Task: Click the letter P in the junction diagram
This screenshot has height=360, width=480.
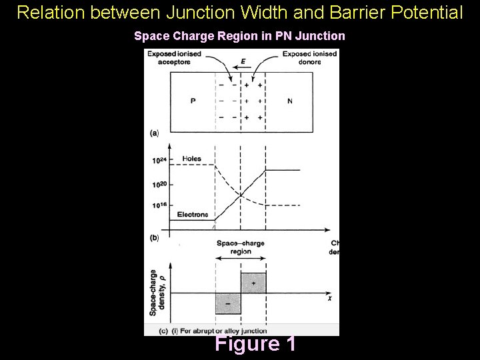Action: pyautogui.click(x=193, y=101)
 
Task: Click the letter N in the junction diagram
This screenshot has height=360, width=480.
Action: pyautogui.click(x=290, y=101)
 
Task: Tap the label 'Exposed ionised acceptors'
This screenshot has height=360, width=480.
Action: pyautogui.click(x=171, y=57)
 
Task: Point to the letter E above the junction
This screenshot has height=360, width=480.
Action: pyautogui.click(x=243, y=61)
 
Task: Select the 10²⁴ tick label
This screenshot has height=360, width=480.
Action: pyautogui.click(x=159, y=160)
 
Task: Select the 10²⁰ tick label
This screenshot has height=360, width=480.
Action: pyautogui.click(x=159, y=184)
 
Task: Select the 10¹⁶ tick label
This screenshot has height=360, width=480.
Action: pyautogui.click(x=159, y=206)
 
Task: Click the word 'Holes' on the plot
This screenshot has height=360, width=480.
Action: pyautogui.click(x=191, y=159)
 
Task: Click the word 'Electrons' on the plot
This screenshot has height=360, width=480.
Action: pyautogui.click(x=193, y=215)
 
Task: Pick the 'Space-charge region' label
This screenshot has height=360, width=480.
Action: pyautogui.click(x=241, y=247)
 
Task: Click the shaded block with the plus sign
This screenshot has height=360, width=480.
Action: pyautogui.click(x=253, y=283)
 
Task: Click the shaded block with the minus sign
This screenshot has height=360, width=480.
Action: pyautogui.click(x=228, y=303)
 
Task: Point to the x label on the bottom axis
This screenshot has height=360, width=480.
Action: pyautogui.click(x=329, y=299)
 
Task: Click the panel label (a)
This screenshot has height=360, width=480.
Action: pyautogui.click(x=154, y=133)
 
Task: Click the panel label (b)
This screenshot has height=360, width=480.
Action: pyautogui.click(x=154, y=237)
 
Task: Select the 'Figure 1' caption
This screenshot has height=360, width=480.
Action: pyautogui.click(x=255, y=344)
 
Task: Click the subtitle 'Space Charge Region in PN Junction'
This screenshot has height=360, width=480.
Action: pyautogui.click(x=240, y=36)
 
